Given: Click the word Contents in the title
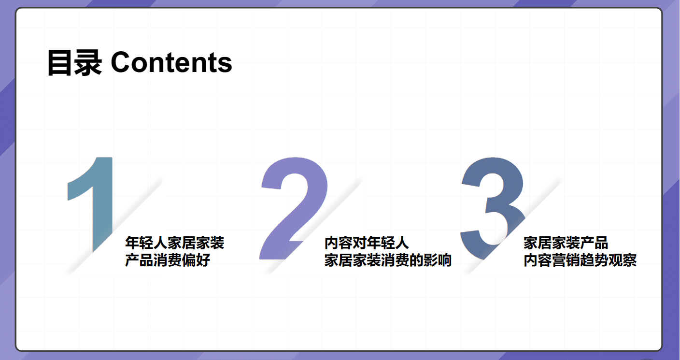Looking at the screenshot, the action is point(171,63).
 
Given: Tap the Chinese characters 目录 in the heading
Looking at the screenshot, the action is point(75,63).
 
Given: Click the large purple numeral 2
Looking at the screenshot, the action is point(293,208).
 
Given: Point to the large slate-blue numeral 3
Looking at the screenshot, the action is point(493,208).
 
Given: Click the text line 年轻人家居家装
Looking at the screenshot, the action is point(175,243).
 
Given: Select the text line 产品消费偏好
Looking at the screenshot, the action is point(168,260).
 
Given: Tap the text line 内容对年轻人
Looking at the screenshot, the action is point(367,243).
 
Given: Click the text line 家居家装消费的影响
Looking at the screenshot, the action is point(388,260).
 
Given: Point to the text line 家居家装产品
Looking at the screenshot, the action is point(566,243).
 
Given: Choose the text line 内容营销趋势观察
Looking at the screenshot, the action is point(580,260).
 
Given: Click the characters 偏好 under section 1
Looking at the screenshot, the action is point(196,260).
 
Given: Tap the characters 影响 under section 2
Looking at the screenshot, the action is point(438,260).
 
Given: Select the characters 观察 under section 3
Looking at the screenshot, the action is point(623,260).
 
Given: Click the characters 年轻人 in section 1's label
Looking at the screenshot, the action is point(146,243).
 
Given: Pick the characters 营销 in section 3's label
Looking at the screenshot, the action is point(566,260).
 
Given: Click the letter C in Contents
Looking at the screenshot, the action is point(121,63).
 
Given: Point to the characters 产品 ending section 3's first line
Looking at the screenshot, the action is point(594,243).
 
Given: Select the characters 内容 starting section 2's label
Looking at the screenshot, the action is point(339,243).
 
